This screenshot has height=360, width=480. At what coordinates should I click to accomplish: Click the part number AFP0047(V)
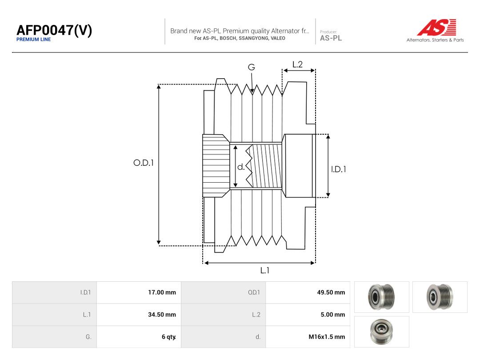click(x=54, y=30)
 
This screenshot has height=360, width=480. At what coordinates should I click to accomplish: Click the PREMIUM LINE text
click(x=34, y=40)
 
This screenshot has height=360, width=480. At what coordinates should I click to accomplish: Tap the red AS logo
click(x=437, y=27)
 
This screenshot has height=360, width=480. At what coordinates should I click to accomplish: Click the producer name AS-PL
click(x=331, y=38)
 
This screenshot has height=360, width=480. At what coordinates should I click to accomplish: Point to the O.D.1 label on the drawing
click(x=144, y=163)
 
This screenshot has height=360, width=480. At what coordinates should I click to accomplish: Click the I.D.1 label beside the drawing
click(x=339, y=169)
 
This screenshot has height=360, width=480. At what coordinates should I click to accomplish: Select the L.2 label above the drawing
click(x=297, y=64)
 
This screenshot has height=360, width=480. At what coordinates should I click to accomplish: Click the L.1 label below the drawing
click(x=265, y=270)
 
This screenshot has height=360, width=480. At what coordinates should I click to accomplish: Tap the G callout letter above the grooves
click(x=251, y=67)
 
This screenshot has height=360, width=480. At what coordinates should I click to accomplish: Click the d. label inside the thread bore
click(x=241, y=167)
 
